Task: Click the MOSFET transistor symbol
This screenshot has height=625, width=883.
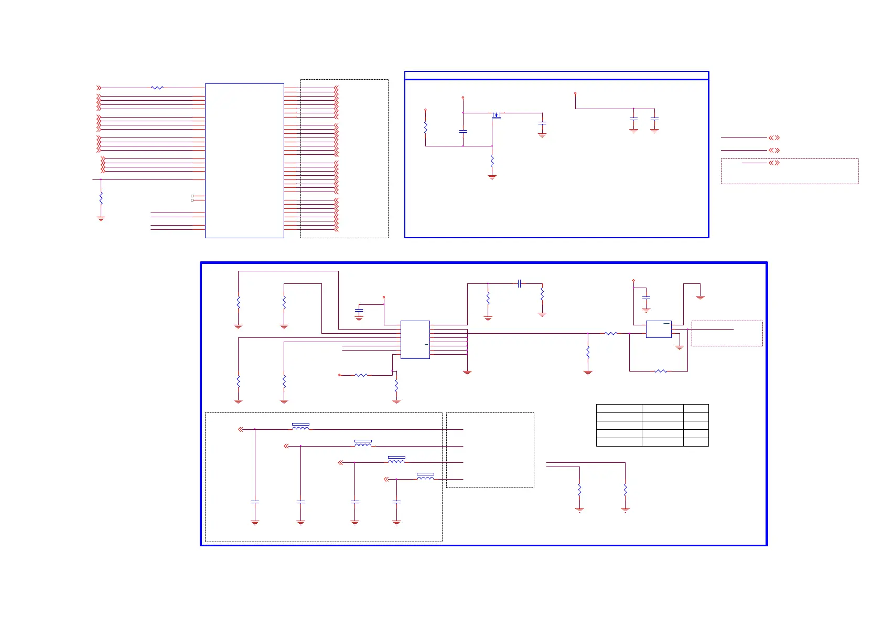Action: coord(496,115)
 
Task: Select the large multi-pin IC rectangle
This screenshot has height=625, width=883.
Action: coord(244,161)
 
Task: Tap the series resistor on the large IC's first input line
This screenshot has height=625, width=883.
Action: coord(157,88)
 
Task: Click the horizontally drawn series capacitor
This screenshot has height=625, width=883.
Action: coord(519,283)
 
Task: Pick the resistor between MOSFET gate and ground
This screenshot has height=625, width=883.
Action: coord(492,161)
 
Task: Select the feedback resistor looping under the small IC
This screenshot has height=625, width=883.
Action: coord(661,371)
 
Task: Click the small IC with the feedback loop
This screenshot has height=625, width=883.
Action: coord(659,329)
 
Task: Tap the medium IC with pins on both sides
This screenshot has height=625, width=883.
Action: coord(415,340)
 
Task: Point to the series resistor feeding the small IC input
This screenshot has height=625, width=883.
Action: coord(611,333)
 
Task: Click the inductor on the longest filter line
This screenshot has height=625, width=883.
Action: coord(300,427)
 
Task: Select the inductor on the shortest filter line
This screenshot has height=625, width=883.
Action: coord(425,477)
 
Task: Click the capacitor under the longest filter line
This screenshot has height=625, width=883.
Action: coord(255,502)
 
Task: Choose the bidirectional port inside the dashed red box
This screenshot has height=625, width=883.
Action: coord(774,163)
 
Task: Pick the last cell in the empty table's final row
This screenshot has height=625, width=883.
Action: coord(696,442)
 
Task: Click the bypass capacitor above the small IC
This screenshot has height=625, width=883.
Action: coord(646,298)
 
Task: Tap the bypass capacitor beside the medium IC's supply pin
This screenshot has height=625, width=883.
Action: coord(359,311)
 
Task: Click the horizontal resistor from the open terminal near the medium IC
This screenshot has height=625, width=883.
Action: coord(361,375)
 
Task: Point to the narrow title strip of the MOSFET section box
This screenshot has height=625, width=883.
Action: coord(556,76)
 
